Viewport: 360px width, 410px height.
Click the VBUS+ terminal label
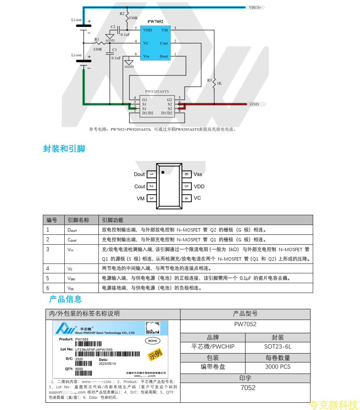click(255, 7)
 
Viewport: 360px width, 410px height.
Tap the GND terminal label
click(254, 104)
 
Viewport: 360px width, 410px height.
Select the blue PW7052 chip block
click(155, 43)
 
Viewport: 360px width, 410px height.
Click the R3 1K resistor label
click(215, 82)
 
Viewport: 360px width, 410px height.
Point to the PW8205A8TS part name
click(157, 92)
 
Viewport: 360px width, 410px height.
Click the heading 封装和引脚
click(64, 149)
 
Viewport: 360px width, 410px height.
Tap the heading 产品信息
click(65, 299)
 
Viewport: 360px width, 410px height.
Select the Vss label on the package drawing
click(198, 174)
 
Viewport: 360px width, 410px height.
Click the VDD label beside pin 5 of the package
click(199, 186)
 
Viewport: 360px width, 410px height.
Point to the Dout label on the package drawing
click(139, 174)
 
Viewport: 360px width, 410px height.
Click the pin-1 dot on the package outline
click(163, 172)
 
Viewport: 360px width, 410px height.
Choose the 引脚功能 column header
click(113, 220)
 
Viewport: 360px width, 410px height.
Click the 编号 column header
click(52, 220)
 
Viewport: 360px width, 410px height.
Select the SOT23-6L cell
click(278, 347)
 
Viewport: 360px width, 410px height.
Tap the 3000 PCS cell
click(278, 367)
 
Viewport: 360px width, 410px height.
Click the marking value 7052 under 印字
click(248, 388)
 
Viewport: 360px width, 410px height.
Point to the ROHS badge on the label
click(153, 341)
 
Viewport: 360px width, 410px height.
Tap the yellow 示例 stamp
click(155, 354)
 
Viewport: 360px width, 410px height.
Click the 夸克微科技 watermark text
click(333, 404)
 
